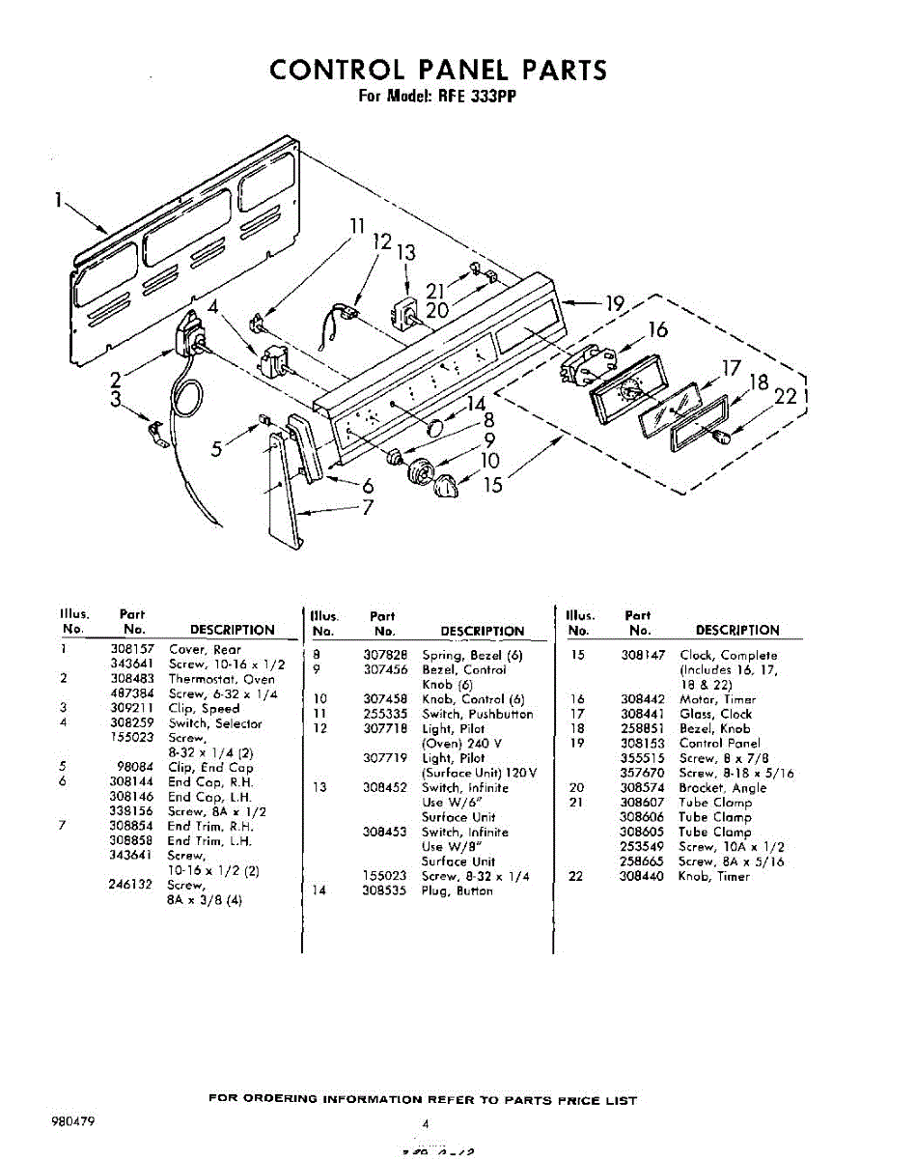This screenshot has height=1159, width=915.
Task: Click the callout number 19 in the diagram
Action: coord(615,304)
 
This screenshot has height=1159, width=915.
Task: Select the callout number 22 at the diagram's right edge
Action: coord(786,395)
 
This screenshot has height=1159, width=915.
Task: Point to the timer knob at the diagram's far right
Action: coord(718,439)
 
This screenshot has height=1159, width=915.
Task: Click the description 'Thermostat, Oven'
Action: coord(221,679)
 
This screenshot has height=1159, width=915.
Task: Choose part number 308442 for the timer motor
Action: coord(640,699)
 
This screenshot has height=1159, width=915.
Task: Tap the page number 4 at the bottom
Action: coord(426,1124)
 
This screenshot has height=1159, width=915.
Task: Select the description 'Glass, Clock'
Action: coord(715,714)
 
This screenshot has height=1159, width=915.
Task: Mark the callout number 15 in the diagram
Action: coord(493,485)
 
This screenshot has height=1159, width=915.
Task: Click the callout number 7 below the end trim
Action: coord(368,506)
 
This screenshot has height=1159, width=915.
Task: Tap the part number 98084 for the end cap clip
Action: coord(136,768)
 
